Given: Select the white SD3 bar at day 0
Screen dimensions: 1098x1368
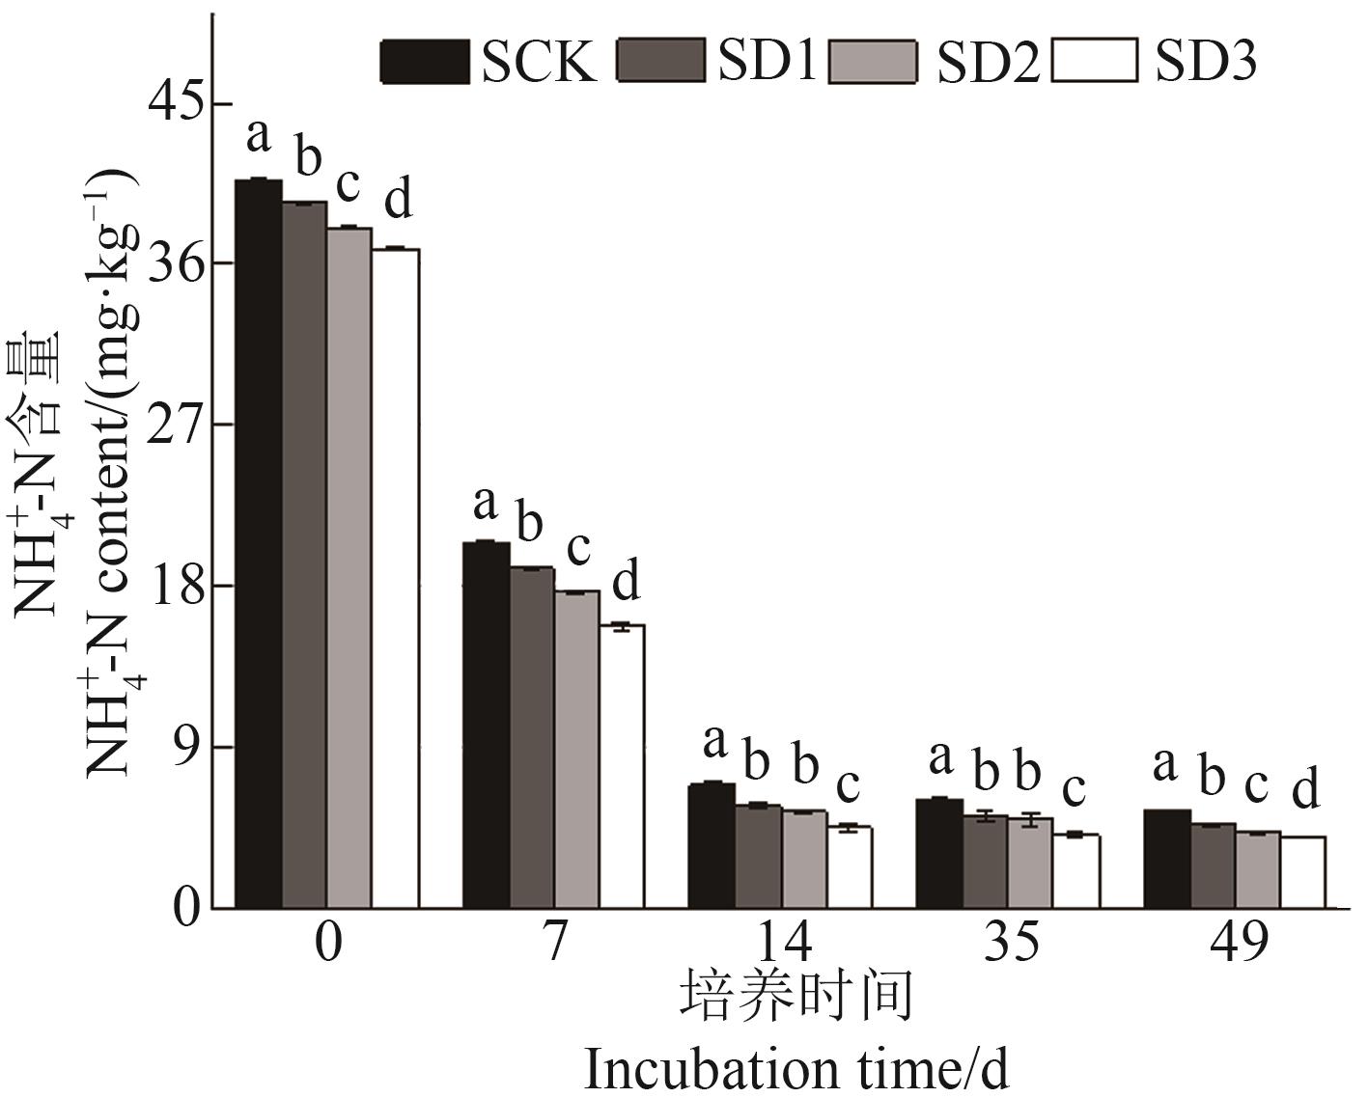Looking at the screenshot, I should coord(396,579).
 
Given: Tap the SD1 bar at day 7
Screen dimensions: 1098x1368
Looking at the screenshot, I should coord(532,738).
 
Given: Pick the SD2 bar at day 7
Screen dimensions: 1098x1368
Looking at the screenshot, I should coord(576,750).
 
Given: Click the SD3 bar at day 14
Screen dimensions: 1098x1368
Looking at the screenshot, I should coord(850,867).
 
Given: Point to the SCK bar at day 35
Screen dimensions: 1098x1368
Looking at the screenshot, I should coord(939,854).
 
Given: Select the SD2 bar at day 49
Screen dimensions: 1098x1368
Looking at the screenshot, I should coord(1258,870).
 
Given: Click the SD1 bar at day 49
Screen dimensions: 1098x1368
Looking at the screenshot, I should coord(1213,866).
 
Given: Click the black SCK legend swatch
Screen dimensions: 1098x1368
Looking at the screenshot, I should coord(423,62).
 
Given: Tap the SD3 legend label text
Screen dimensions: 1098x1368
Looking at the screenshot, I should coord(1206,62).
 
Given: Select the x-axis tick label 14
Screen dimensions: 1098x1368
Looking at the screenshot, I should coord(782,942).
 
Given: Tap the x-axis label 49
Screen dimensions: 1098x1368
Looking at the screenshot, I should coord(1239,942).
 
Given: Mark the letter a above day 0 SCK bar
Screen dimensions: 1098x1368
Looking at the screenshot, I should coord(258,136).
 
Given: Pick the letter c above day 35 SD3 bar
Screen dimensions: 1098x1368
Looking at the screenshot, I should coord(1074,789).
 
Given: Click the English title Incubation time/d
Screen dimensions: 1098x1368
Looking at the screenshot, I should coord(796,1069).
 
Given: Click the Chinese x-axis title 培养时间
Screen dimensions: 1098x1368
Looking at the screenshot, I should coord(796,998).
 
